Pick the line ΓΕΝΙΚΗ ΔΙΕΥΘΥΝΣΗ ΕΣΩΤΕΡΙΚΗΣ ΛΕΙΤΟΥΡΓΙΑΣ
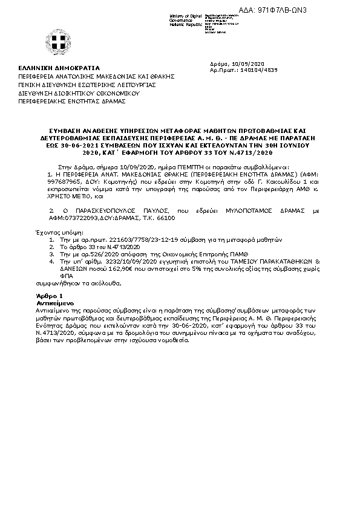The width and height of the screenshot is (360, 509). [87, 85]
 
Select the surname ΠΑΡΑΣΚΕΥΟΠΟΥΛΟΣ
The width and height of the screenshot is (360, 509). [98, 211]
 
